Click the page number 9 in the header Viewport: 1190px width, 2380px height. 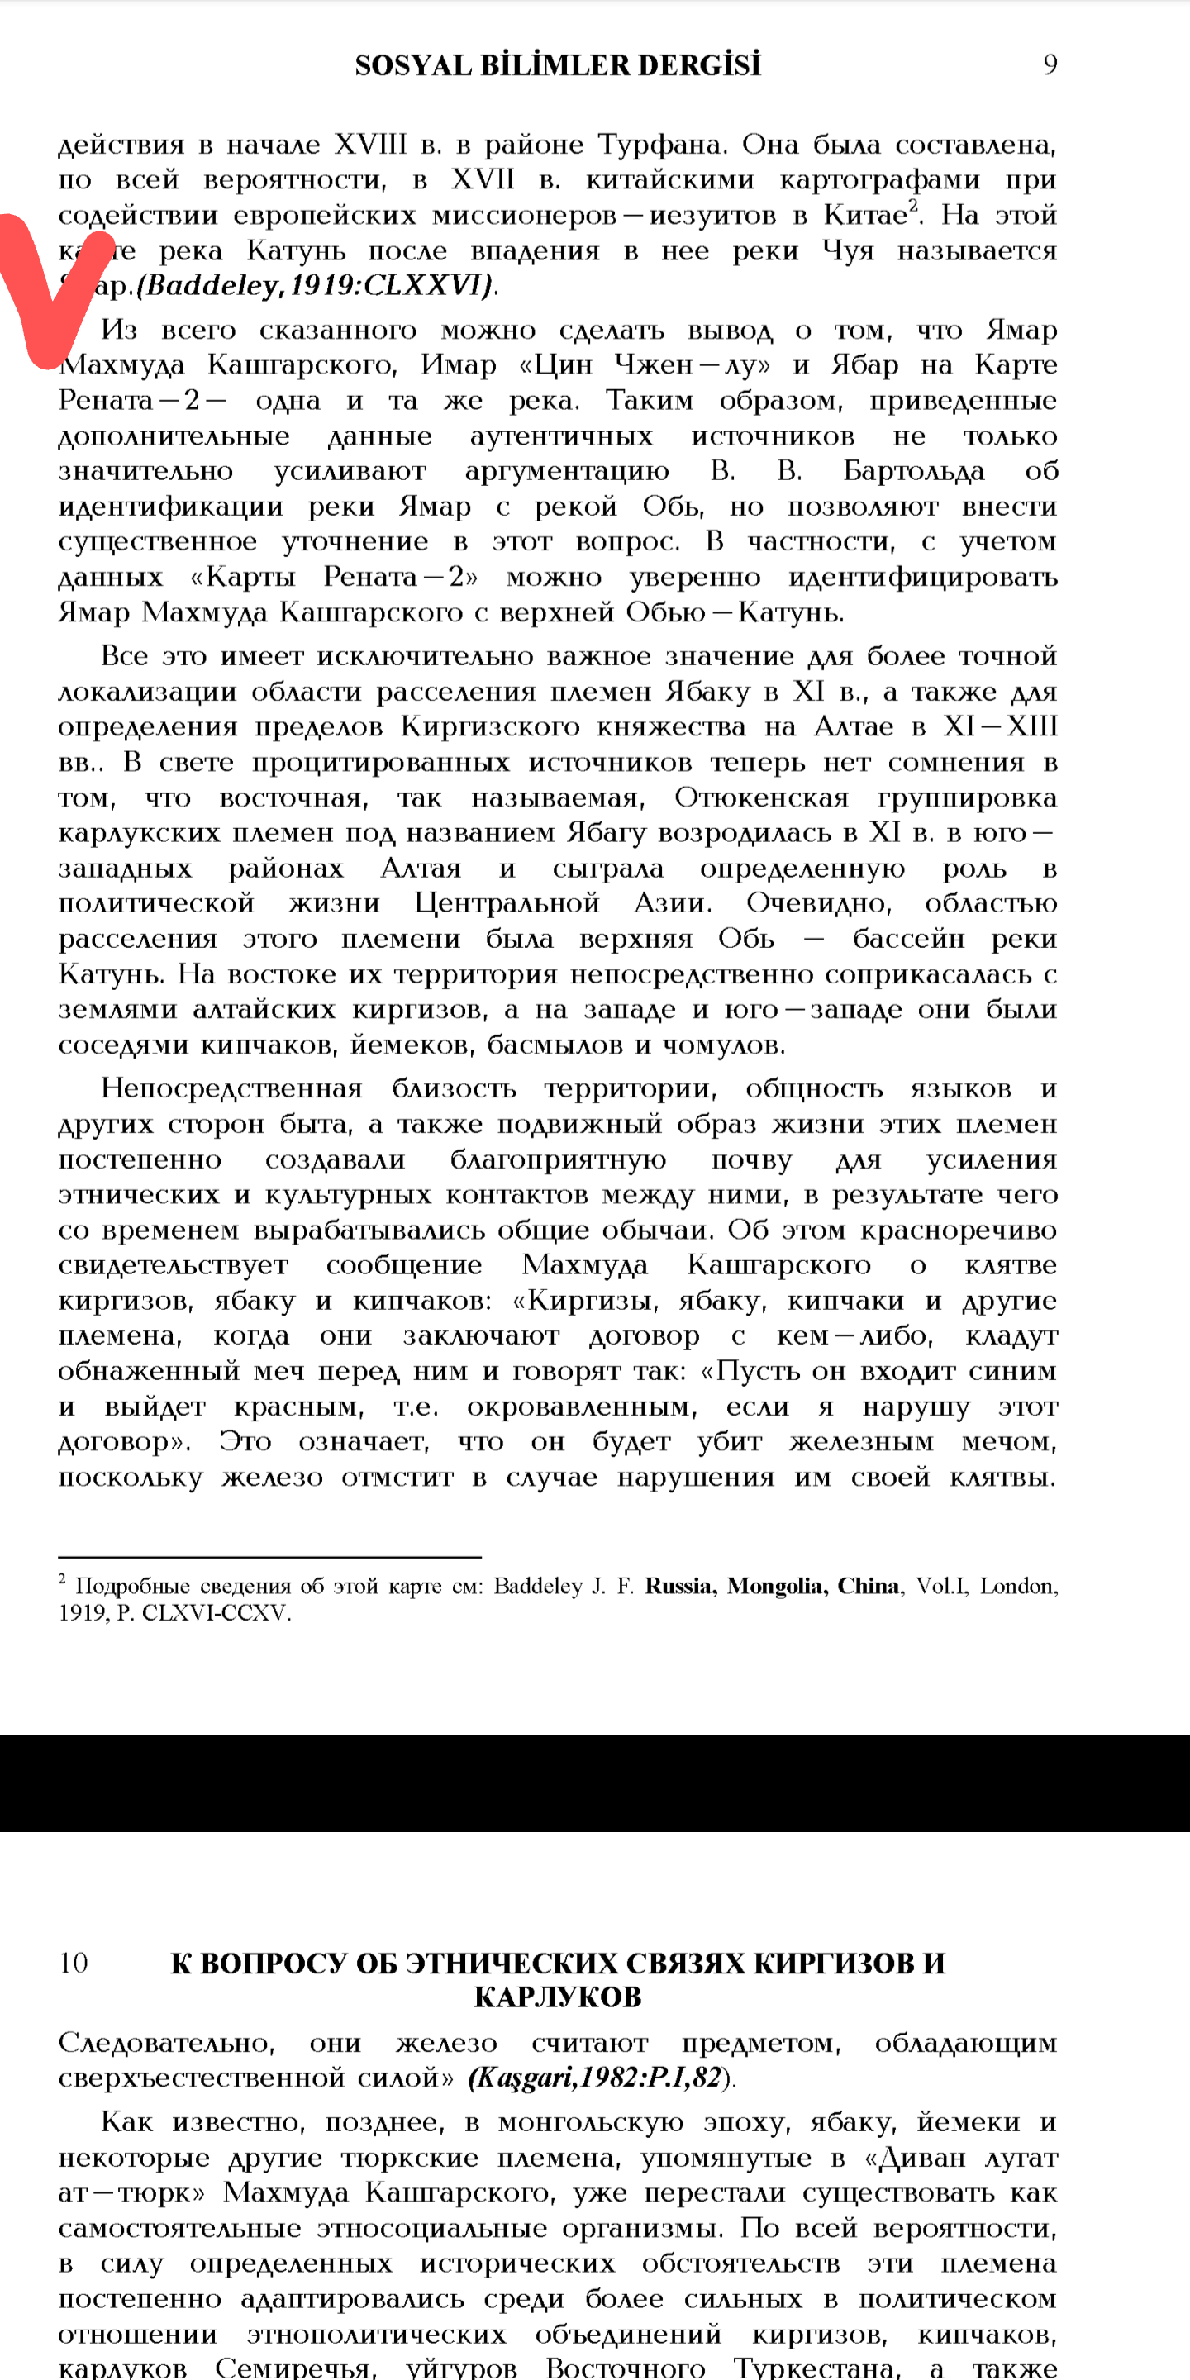(1050, 64)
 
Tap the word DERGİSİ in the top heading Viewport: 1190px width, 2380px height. (699, 65)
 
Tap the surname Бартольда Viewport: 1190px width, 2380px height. (913, 471)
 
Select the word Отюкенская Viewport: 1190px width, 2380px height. (760, 797)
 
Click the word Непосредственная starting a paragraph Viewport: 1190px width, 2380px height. (231, 1088)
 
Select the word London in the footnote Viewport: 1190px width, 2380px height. (1017, 1587)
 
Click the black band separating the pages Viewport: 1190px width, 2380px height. (595, 1783)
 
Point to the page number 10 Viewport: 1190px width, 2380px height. (73, 1963)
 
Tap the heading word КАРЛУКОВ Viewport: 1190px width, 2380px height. (557, 1997)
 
